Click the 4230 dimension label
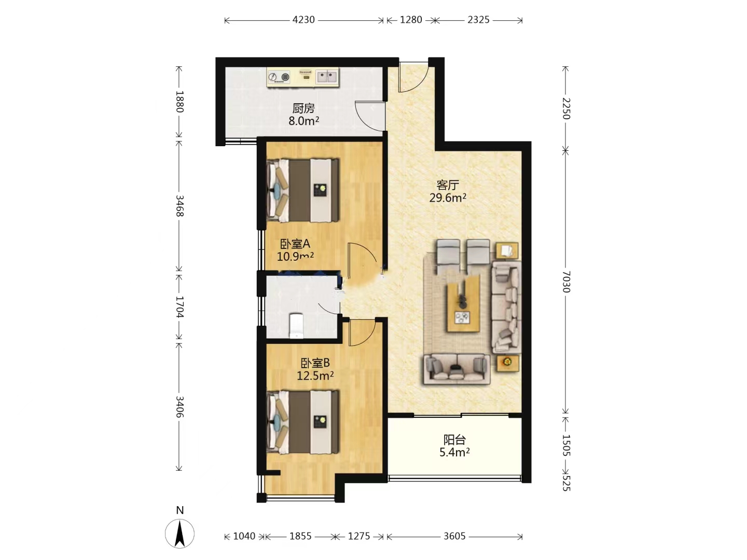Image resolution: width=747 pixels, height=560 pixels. tap(303, 20)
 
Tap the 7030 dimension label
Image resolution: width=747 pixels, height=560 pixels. tap(565, 282)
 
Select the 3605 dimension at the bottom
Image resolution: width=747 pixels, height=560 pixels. tap(454, 536)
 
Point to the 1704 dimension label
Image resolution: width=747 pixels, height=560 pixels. tap(179, 306)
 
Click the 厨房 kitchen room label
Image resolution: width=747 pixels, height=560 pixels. tap(303, 108)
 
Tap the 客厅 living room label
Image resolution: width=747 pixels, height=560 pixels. tap(448, 185)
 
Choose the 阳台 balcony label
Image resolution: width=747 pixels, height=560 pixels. tap(454, 440)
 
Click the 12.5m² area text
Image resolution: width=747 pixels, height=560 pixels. tap(315, 375)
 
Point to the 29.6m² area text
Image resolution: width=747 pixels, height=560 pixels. tap(448, 197)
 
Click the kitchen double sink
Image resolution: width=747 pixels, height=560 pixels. tap(327, 77)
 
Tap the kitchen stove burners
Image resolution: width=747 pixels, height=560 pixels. tap(279, 77)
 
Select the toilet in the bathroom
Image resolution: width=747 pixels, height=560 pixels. tap(296, 326)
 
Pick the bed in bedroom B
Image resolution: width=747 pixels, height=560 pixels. tap(302, 422)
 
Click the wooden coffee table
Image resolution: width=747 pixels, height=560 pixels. tap(463, 303)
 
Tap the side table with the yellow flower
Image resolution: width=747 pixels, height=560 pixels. tap(507, 363)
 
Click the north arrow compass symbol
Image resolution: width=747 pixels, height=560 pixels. tap(179, 534)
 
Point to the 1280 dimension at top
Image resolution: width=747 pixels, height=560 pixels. tap(411, 20)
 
